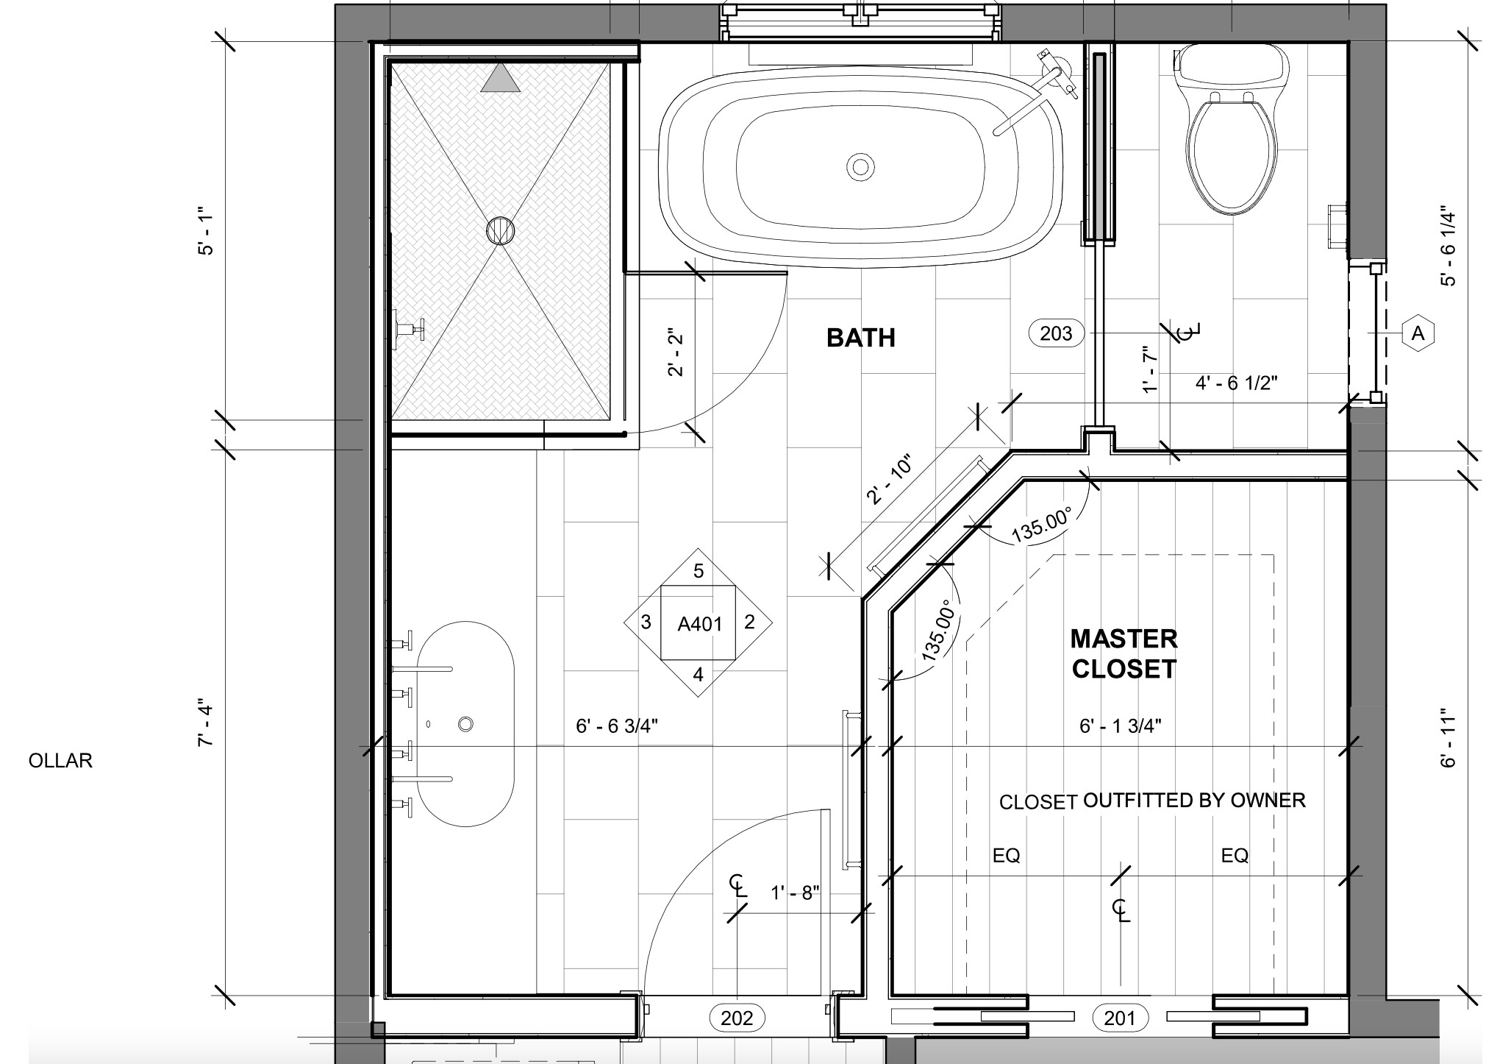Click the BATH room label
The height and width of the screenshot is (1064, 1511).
pyautogui.click(x=861, y=338)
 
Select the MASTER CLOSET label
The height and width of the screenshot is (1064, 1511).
pyautogui.click(x=1124, y=653)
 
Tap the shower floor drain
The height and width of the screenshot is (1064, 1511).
pyautogui.click(x=501, y=230)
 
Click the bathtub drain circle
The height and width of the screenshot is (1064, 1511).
pyautogui.click(x=860, y=166)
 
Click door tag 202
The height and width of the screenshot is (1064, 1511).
pyautogui.click(x=737, y=1018)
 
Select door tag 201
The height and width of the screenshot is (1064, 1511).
pyautogui.click(x=1120, y=1018)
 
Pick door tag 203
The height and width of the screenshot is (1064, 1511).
pyautogui.click(x=1057, y=333)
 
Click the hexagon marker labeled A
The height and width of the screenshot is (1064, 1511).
pyautogui.click(x=1418, y=333)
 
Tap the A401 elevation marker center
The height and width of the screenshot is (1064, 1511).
pyautogui.click(x=699, y=624)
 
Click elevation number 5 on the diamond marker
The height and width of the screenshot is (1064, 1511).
pyautogui.click(x=699, y=570)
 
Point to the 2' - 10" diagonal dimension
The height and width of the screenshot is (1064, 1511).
pyautogui.click(x=890, y=480)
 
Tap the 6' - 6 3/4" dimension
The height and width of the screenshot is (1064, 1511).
pyautogui.click(x=617, y=726)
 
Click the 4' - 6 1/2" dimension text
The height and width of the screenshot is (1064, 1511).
pyautogui.click(x=1237, y=383)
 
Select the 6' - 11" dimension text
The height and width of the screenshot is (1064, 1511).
pyautogui.click(x=1448, y=738)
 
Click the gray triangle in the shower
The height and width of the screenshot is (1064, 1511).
pyautogui.click(x=500, y=77)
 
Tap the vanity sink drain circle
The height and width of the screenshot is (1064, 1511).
pyautogui.click(x=465, y=724)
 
